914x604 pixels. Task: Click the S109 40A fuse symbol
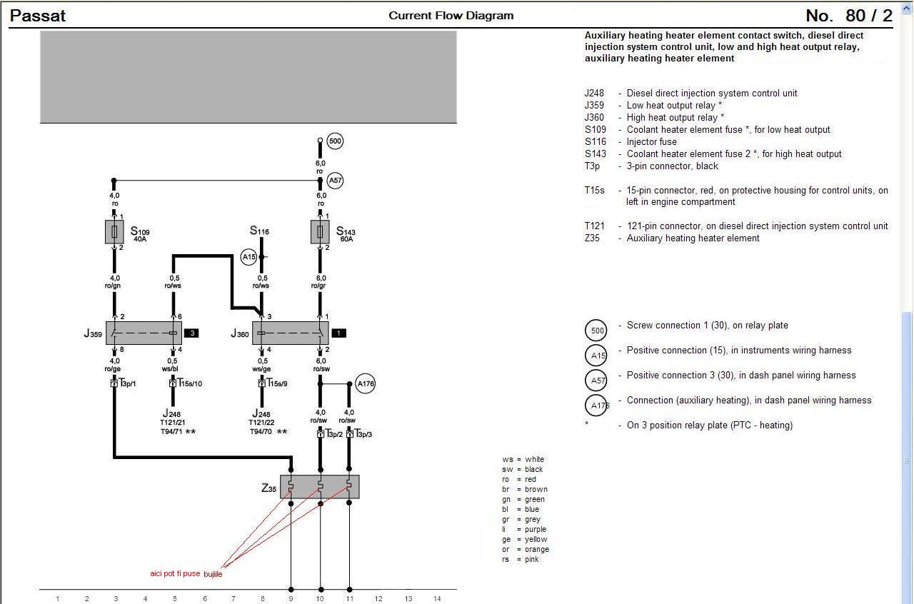(114, 231)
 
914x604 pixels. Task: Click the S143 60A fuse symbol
(320, 231)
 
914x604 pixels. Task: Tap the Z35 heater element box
(319, 486)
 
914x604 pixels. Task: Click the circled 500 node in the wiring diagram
(335, 141)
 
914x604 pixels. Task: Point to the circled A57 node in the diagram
(335, 181)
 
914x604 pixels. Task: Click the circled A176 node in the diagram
(366, 384)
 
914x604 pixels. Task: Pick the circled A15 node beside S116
(248, 257)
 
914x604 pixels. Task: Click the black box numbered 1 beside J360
(339, 333)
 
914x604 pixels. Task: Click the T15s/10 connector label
(189, 383)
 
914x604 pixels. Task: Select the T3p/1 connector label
(128, 383)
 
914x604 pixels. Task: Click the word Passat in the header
(38, 16)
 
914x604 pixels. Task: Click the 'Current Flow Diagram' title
(451, 16)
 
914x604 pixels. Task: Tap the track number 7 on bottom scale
(233, 598)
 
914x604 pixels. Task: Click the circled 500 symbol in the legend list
(596, 331)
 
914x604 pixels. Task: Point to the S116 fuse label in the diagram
(259, 231)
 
